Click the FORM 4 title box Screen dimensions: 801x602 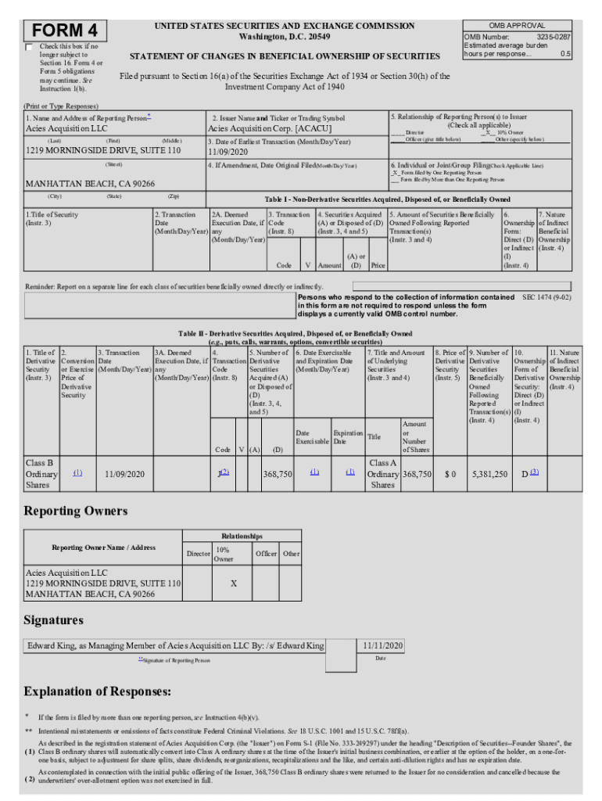(x=64, y=31)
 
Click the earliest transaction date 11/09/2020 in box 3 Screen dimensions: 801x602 (x=233, y=152)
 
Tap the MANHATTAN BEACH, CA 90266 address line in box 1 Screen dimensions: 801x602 (x=90, y=184)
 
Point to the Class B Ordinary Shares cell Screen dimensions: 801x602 (x=41, y=473)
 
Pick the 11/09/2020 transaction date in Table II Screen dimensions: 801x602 (x=125, y=474)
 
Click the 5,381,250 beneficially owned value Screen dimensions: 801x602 (x=489, y=474)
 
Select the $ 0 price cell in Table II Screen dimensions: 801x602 (x=450, y=474)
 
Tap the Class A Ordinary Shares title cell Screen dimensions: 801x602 (x=382, y=474)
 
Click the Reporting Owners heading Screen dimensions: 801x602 (x=75, y=511)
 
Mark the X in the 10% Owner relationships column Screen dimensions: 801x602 (x=234, y=584)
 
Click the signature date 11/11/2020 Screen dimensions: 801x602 (x=382, y=645)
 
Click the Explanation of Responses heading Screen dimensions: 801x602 (x=97, y=691)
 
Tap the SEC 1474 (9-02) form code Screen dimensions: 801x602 (x=546, y=297)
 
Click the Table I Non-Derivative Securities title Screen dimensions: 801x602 (x=387, y=199)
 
